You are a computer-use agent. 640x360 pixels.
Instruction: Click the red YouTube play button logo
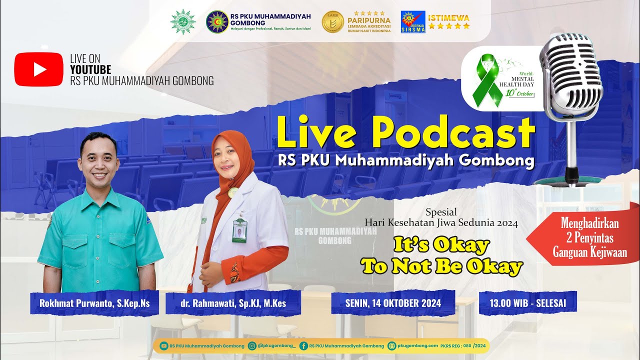39,69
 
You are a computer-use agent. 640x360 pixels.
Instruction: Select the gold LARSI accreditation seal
332,22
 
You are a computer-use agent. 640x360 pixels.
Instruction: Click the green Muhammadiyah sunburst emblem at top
183,22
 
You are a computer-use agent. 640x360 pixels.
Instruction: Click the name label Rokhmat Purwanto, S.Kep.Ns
94,302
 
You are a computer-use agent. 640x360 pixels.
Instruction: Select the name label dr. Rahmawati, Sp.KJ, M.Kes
233,302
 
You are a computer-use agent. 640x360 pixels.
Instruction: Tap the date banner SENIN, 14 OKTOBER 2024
393,302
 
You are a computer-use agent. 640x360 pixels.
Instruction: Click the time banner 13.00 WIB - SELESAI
528,302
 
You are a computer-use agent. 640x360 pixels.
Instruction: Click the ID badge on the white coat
239,230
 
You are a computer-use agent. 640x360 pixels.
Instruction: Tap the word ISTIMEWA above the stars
449,16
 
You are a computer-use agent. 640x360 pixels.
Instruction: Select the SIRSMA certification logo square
413,22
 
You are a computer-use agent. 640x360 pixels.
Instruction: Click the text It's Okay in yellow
441,245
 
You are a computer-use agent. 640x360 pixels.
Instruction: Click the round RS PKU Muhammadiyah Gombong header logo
217,22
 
